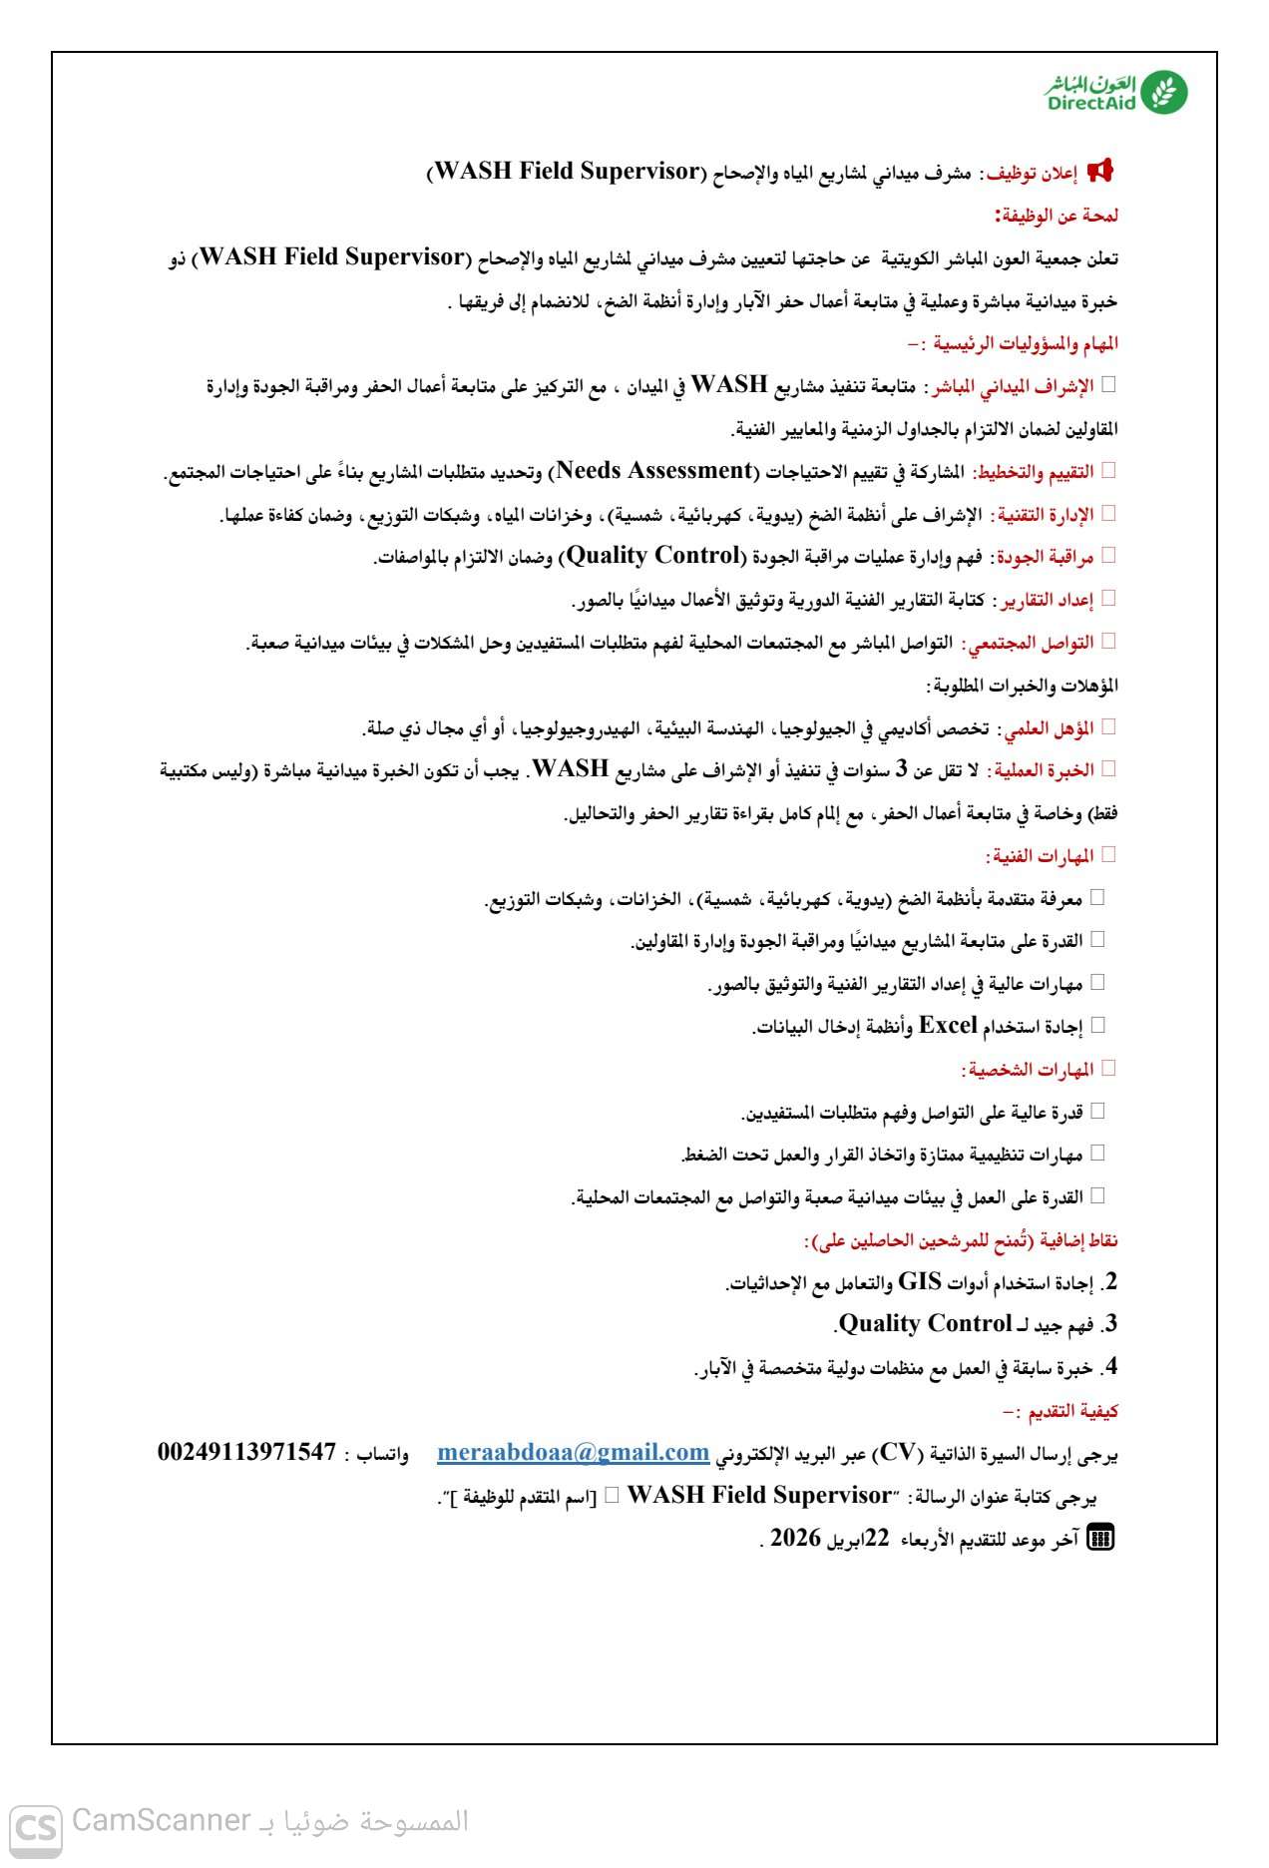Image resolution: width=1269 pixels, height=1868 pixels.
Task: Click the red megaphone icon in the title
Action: tap(1099, 171)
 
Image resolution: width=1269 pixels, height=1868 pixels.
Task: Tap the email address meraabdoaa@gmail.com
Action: tap(573, 1453)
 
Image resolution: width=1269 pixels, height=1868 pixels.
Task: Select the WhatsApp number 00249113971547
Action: tap(246, 1453)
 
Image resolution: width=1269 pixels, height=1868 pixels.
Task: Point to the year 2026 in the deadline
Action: tap(795, 1539)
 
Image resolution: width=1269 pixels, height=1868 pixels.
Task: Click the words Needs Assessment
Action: tap(653, 471)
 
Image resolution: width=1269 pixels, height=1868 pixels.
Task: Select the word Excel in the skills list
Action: tap(947, 1026)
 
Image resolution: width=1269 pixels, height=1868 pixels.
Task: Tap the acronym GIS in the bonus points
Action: tap(920, 1282)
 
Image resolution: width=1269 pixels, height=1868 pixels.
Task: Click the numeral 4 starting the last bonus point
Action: tap(1110, 1367)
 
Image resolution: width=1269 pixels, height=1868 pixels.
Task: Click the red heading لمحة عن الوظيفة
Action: tap(1057, 216)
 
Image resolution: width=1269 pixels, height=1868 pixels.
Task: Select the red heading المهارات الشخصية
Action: tap(1029, 1070)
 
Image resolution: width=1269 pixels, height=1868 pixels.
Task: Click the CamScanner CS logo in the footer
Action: tap(36, 1828)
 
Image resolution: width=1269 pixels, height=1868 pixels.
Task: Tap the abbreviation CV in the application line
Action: tap(896, 1454)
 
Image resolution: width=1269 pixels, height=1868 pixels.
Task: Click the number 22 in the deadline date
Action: tap(876, 1539)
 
